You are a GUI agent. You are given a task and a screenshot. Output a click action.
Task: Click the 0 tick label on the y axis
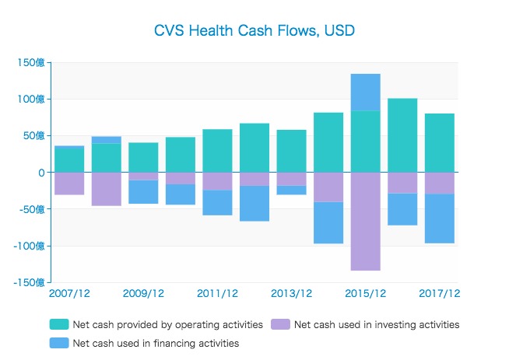click(41, 173)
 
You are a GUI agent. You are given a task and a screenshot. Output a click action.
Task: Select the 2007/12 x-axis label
click(68, 293)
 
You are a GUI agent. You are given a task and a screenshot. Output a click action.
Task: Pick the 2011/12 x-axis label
click(217, 293)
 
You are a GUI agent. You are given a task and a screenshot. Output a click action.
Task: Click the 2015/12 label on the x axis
click(366, 293)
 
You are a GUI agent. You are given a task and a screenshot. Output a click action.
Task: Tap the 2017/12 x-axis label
click(440, 293)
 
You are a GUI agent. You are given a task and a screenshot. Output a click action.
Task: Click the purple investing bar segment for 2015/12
click(365, 221)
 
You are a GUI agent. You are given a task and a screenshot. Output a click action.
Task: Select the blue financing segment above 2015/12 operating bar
click(365, 92)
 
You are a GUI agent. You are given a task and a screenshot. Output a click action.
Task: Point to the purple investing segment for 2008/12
click(106, 189)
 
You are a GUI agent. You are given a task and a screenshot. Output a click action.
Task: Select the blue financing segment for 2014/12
click(328, 222)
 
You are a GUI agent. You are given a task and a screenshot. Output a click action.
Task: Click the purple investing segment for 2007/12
click(69, 183)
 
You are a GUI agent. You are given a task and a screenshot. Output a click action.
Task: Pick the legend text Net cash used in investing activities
click(376, 324)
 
